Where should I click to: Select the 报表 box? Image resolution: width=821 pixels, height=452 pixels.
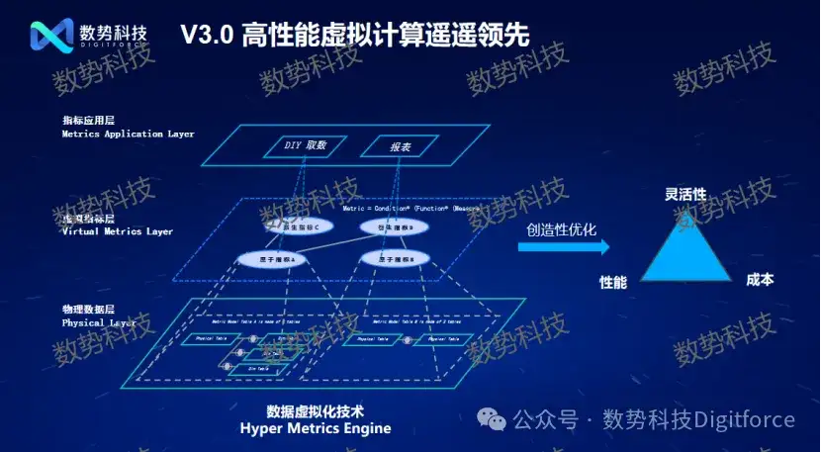tap(385, 146)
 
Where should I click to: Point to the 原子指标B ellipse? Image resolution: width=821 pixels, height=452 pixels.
tap(387, 259)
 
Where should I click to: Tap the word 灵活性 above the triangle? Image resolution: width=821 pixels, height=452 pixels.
tap(685, 195)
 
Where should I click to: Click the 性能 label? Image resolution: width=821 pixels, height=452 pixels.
tap(613, 282)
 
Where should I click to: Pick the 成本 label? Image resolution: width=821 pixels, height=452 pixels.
tap(760, 280)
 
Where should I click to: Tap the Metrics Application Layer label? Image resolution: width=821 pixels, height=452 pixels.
tap(128, 134)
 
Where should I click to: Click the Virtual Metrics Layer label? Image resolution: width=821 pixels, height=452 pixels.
tap(117, 231)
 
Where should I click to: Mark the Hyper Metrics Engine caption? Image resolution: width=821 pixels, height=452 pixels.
tap(316, 428)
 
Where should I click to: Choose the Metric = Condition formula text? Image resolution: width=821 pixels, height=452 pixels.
tap(410, 209)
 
